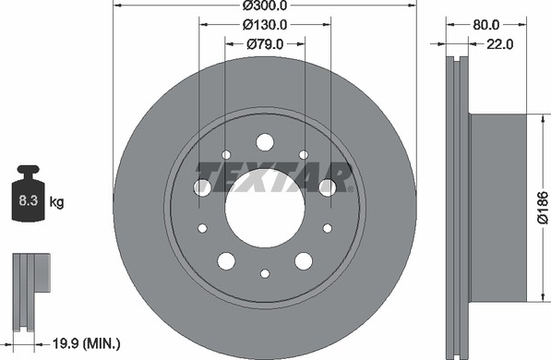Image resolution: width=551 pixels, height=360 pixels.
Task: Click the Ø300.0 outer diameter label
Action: tap(265, 6)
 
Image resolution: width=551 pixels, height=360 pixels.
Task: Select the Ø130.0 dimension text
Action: tap(265, 25)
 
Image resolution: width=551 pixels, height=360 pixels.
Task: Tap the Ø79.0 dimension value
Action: tap(265, 44)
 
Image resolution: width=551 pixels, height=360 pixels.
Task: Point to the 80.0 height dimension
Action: tap(486, 25)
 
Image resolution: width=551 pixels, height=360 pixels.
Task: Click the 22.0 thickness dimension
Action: tap(499, 44)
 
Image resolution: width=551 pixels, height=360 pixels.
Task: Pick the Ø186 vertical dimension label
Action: tap(543, 208)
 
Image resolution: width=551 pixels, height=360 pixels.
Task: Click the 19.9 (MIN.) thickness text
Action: tap(86, 343)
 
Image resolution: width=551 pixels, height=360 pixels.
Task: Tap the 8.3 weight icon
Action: tap(28, 193)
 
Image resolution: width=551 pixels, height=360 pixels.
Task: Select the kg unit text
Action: tap(56, 202)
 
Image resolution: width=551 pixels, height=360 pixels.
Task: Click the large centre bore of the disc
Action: tap(265, 208)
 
